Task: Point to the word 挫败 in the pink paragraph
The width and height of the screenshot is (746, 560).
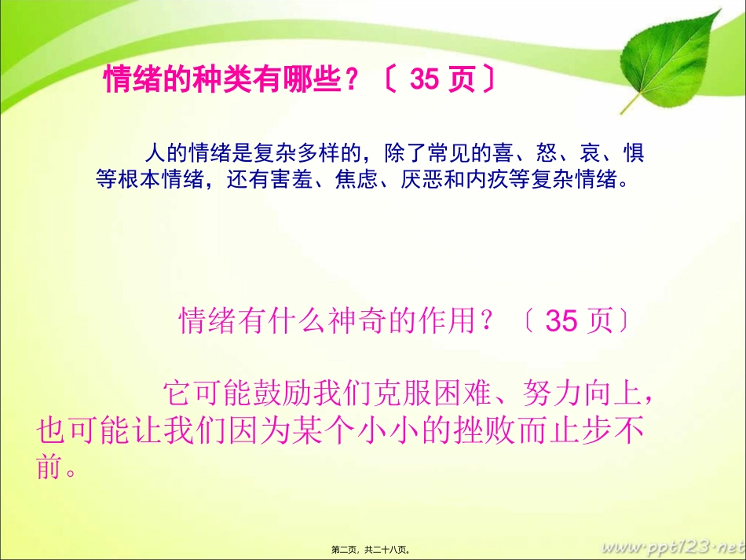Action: (x=488, y=430)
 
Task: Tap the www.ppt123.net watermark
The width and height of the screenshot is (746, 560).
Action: (x=671, y=545)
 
